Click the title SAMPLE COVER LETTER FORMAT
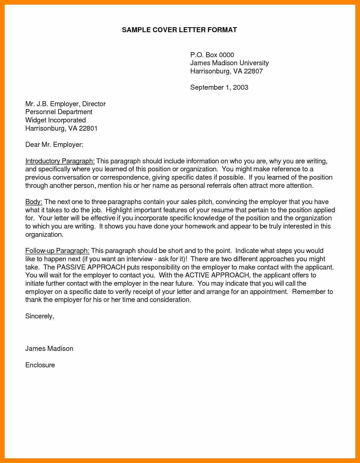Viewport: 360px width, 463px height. [x=179, y=30]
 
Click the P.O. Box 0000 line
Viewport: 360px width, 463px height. [x=212, y=55]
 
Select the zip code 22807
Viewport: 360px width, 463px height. [x=253, y=71]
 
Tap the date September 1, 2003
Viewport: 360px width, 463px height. [x=219, y=87]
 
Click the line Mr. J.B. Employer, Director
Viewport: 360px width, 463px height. [x=65, y=104]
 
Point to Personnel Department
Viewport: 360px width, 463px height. [x=59, y=112]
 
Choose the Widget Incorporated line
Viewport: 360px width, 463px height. [x=56, y=120]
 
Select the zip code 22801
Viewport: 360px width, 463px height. [x=88, y=128]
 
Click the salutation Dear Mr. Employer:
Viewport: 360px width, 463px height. [x=54, y=145]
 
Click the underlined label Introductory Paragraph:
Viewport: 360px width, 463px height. [x=60, y=161]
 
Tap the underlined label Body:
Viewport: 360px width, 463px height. [x=34, y=202]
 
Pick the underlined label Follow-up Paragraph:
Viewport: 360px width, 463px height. [x=57, y=251]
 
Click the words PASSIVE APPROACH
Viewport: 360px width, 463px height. [x=91, y=267]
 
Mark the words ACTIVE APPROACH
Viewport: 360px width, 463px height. [x=217, y=275]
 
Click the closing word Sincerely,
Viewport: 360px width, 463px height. [x=40, y=316]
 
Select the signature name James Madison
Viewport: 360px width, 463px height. [x=49, y=349]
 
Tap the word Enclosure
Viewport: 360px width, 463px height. [x=40, y=365]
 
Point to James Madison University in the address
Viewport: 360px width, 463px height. [x=229, y=63]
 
